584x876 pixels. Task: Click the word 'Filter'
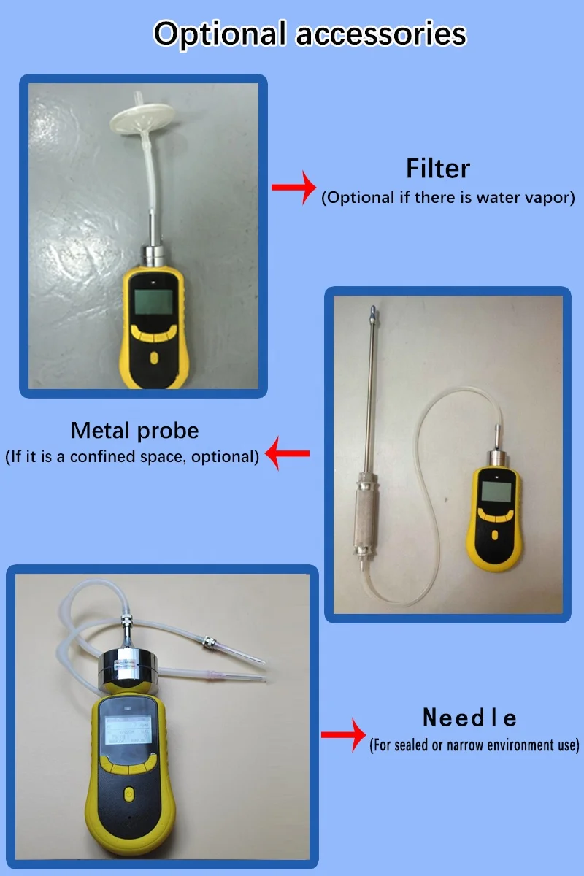438,169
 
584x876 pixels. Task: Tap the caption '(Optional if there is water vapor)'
448,198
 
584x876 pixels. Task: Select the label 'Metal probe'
135,430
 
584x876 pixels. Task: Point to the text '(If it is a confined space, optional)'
132,458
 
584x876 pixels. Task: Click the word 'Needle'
470,718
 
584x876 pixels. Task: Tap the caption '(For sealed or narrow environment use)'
474,745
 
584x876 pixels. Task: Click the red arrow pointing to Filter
294,188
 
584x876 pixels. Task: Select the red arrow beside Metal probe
288,454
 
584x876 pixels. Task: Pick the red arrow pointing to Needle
344,733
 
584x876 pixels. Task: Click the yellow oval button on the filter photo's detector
154,358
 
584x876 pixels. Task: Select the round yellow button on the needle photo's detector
128,793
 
